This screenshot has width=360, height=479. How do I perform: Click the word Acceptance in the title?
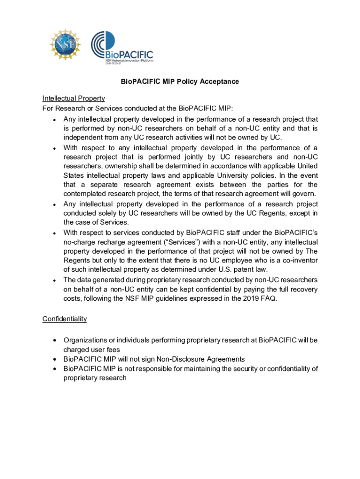point(219,81)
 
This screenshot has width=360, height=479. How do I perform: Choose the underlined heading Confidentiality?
point(65,319)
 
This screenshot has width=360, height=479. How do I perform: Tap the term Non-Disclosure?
point(179,359)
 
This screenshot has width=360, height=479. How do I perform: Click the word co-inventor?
point(298,261)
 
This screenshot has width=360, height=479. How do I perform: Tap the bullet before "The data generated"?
point(55,280)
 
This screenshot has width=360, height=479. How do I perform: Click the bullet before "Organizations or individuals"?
point(55,340)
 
